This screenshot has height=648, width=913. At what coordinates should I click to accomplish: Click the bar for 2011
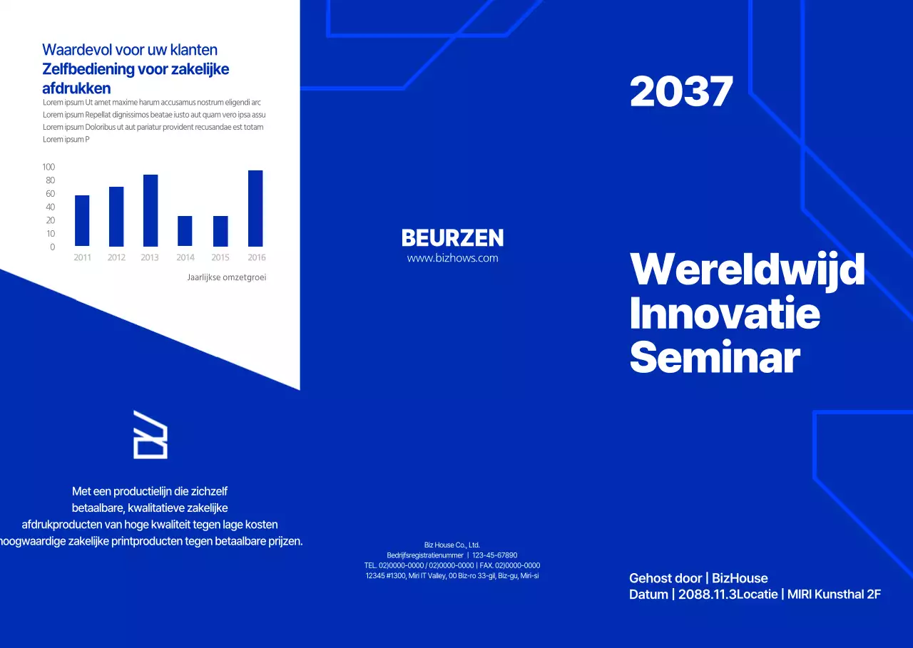pyautogui.click(x=82, y=220)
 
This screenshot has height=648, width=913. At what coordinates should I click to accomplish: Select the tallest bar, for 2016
pyautogui.click(x=255, y=208)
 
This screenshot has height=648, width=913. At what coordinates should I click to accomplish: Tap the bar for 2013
pyautogui.click(x=151, y=210)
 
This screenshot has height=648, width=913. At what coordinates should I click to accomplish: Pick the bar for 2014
pyautogui.click(x=185, y=231)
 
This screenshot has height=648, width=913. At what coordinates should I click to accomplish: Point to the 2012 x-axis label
pyautogui.click(x=116, y=257)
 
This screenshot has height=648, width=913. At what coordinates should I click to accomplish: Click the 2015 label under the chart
pyautogui.click(x=220, y=257)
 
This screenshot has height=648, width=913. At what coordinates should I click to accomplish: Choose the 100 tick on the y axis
pyautogui.click(x=49, y=167)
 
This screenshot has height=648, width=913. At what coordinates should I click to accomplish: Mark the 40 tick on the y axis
pyautogui.click(x=50, y=207)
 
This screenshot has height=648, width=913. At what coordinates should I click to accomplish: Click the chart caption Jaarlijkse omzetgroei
pyautogui.click(x=226, y=277)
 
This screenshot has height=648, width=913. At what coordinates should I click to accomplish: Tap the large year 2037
pyautogui.click(x=681, y=92)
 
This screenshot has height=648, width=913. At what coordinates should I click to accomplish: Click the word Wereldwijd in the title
pyautogui.click(x=747, y=269)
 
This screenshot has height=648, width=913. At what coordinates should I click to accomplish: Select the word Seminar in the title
pyautogui.click(x=714, y=358)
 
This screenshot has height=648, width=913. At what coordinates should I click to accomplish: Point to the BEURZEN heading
pyautogui.click(x=452, y=238)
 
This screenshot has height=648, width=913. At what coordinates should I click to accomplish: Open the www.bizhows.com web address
pyautogui.click(x=452, y=258)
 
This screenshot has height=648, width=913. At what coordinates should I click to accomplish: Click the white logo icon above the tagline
pyautogui.click(x=151, y=434)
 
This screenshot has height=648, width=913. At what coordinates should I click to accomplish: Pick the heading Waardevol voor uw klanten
pyautogui.click(x=130, y=50)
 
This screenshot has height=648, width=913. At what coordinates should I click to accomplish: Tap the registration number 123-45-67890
pyautogui.click(x=494, y=555)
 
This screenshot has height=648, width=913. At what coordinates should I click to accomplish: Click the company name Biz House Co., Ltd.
pyautogui.click(x=452, y=545)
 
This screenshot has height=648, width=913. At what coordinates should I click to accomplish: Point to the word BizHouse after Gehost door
pyautogui.click(x=740, y=577)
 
